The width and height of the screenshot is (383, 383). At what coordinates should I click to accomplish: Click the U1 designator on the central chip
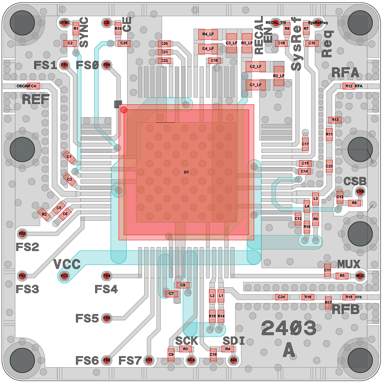coord(186,172)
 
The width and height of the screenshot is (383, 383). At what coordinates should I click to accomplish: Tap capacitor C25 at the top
coord(123,43)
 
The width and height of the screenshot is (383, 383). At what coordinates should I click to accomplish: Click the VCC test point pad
coord(64,276)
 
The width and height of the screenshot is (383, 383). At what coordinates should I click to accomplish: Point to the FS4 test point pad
coord(107,276)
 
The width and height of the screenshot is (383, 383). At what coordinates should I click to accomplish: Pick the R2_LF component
coord(278,76)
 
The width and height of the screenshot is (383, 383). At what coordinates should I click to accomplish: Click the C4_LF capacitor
coord(208,49)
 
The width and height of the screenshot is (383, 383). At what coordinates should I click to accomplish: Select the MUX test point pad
coord(360,276)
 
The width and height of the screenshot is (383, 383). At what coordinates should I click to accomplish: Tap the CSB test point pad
coord(360,191)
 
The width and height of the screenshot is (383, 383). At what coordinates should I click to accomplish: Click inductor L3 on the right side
coord(316,199)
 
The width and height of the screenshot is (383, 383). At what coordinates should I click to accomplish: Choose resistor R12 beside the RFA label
coord(348,86)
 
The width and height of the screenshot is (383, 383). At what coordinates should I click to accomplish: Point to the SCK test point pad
coord(191,360)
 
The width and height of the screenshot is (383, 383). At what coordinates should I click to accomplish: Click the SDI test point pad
coord(233,360)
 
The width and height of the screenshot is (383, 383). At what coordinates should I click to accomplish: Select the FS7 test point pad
coord(149,360)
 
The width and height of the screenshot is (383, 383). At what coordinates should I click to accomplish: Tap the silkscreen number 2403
coord(288,328)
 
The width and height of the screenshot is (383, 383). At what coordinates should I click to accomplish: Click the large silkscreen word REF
coord(36,100)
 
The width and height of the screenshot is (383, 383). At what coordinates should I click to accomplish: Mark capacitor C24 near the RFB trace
coord(281,297)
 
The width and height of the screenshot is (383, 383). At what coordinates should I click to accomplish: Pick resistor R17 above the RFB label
coord(328,302)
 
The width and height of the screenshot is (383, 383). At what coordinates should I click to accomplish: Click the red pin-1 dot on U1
coord(124,110)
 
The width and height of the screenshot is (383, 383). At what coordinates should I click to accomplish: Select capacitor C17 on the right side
coord(305,144)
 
